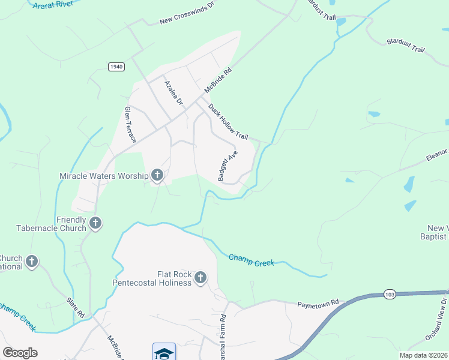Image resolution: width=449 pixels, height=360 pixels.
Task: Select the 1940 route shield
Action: tap(116, 66)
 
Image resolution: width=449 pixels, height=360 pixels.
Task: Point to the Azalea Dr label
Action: tap(173, 93)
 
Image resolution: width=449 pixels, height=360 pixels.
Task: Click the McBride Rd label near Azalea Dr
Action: tap(217, 80)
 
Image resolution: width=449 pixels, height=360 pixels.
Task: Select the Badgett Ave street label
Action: tap(228, 165)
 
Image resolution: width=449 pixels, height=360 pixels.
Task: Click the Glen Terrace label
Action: tap(130, 124)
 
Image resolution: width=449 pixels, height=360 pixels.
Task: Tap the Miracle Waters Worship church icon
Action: tap(157, 175)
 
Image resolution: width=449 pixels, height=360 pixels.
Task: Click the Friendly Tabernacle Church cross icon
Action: tap(95, 224)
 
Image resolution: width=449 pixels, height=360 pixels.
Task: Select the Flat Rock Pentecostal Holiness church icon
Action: tap(200, 278)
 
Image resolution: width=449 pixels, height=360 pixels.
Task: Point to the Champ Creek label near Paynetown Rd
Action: tap(252, 260)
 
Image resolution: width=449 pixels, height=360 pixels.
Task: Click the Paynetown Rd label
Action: tap(318, 304)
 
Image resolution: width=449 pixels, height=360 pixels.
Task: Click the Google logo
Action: tap(20, 353)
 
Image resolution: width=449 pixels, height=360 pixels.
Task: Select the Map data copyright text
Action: tap(423, 355)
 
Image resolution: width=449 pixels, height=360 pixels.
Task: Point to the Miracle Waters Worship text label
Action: tap(104, 176)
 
